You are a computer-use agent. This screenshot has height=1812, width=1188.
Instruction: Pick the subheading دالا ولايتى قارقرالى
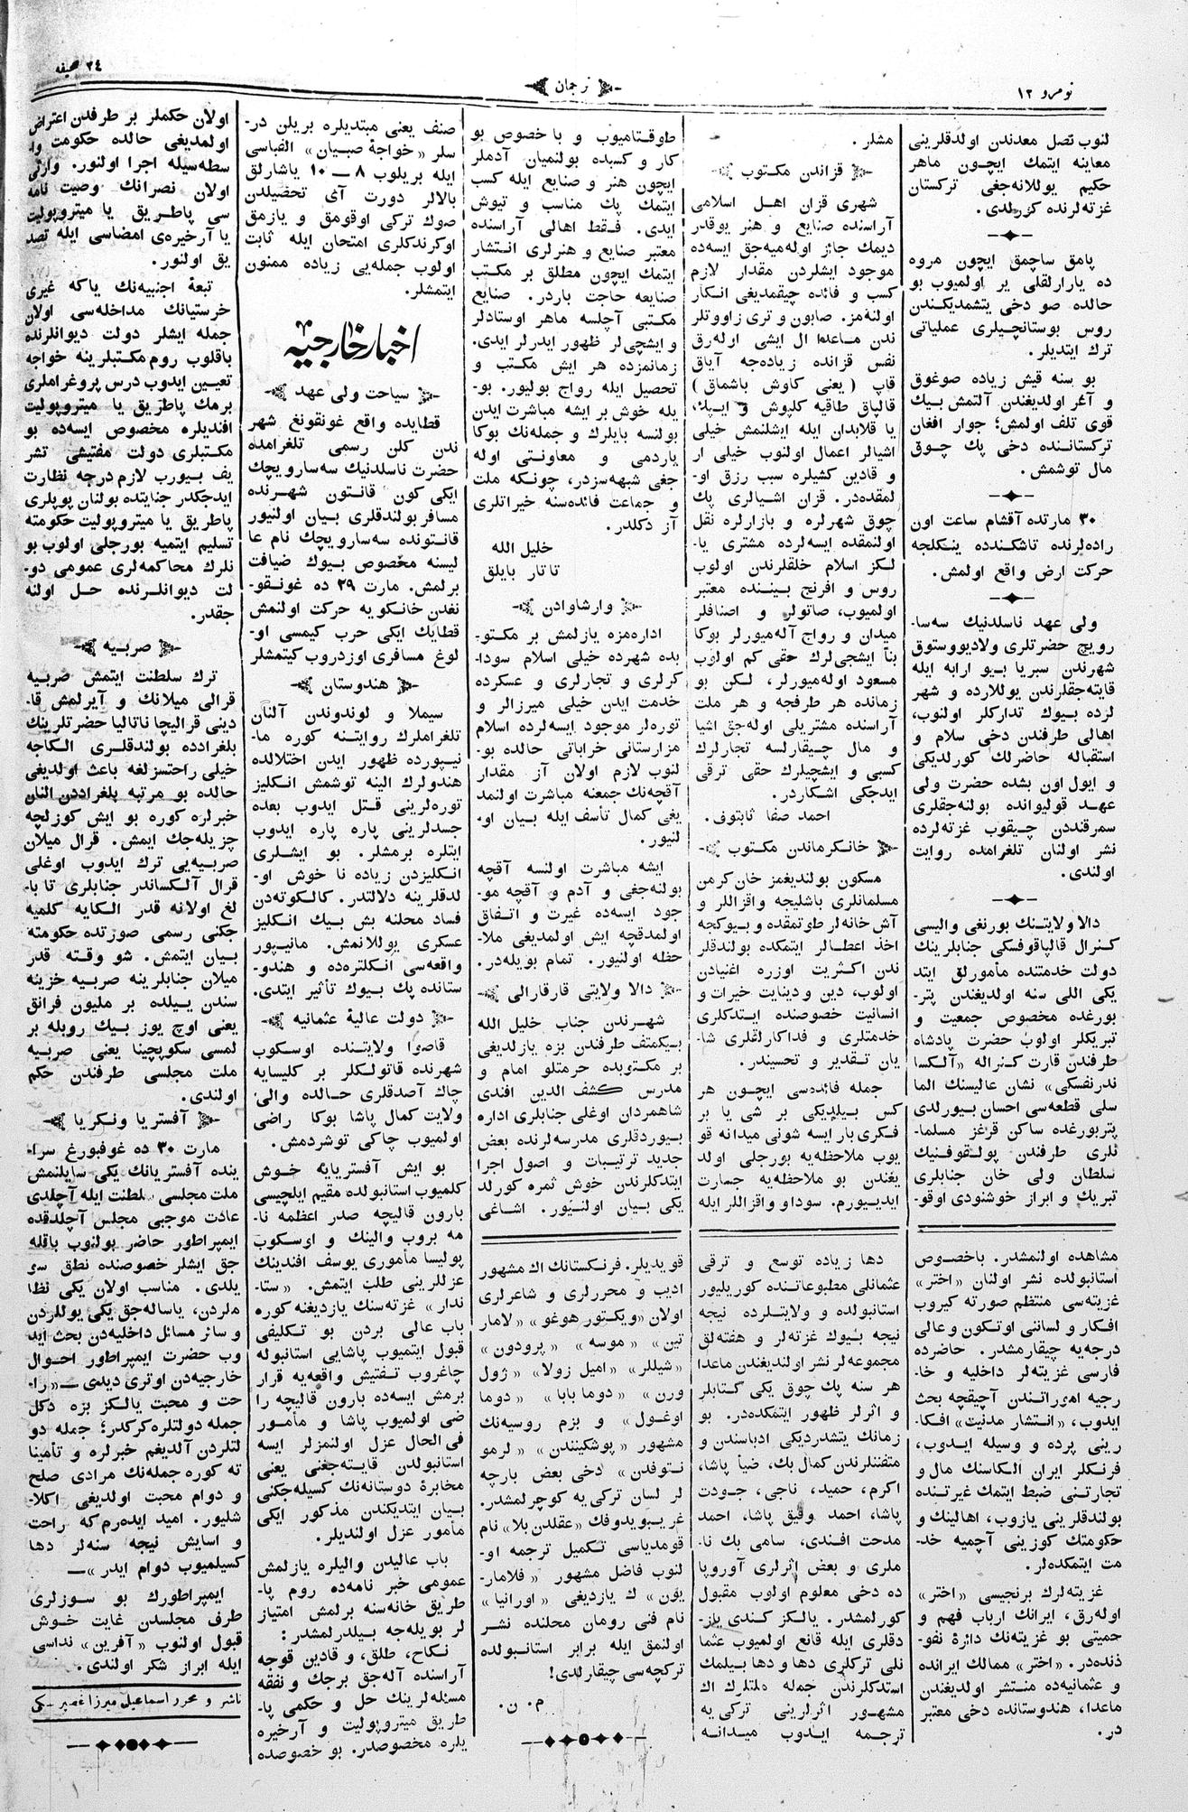tap(577, 992)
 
